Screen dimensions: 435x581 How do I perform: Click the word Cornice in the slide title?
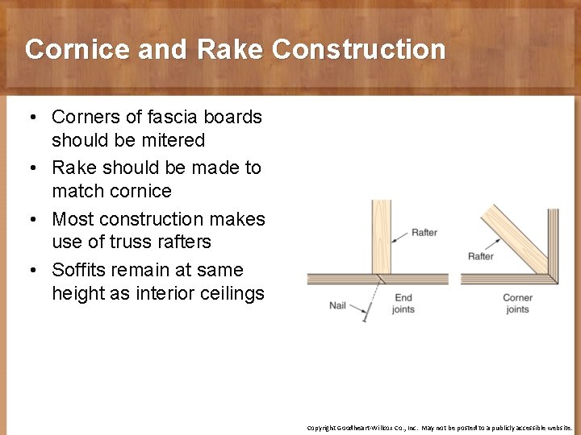click(x=77, y=50)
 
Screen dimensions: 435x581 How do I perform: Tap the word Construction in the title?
click(x=359, y=50)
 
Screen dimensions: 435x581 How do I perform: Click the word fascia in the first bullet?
click(x=148, y=117)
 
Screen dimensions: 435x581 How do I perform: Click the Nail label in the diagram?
click(x=337, y=305)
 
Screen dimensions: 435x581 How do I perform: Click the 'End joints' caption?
click(x=403, y=304)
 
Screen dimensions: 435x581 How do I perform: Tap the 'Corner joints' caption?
click(x=517, y=304)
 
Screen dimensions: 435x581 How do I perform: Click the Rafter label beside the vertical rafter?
click(x=424, y=233)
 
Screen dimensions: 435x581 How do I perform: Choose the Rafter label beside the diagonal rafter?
click(x=481, y=256)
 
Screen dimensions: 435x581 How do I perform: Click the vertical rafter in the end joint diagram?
click(x=381, y=237)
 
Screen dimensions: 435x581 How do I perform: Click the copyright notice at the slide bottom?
click(x=440, y=428)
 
